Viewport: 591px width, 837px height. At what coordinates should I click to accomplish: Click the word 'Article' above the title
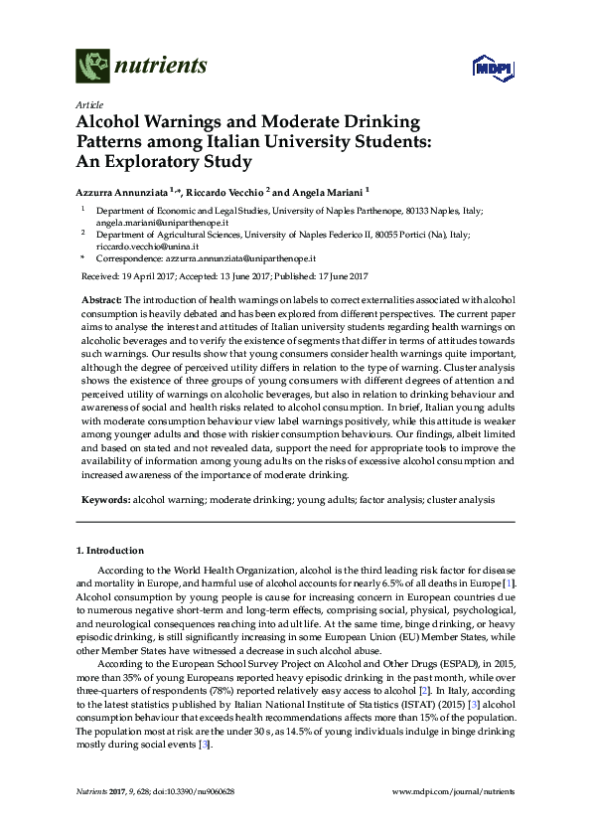click(88, 103)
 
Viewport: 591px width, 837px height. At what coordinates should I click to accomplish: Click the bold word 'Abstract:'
click(103, 299)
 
